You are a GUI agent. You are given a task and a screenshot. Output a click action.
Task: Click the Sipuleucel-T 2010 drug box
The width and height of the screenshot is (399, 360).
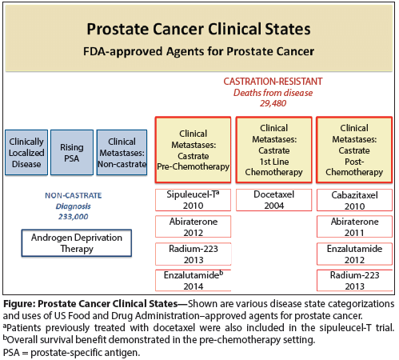pos(192,200)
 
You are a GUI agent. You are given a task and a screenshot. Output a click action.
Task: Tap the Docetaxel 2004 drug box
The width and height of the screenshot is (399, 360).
pos(274,200)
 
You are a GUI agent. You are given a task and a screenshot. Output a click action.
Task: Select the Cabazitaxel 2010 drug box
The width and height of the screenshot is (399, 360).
pos(353,200)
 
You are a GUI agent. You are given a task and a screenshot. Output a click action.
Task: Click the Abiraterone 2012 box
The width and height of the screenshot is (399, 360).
pos(192,227)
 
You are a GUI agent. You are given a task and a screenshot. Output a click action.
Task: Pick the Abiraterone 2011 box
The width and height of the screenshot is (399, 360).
pos(353,227)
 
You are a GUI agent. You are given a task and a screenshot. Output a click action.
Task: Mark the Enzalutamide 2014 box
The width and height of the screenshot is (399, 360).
pos(192,280)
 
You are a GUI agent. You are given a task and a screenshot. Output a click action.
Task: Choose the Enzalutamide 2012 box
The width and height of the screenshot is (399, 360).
pos(353,254)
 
